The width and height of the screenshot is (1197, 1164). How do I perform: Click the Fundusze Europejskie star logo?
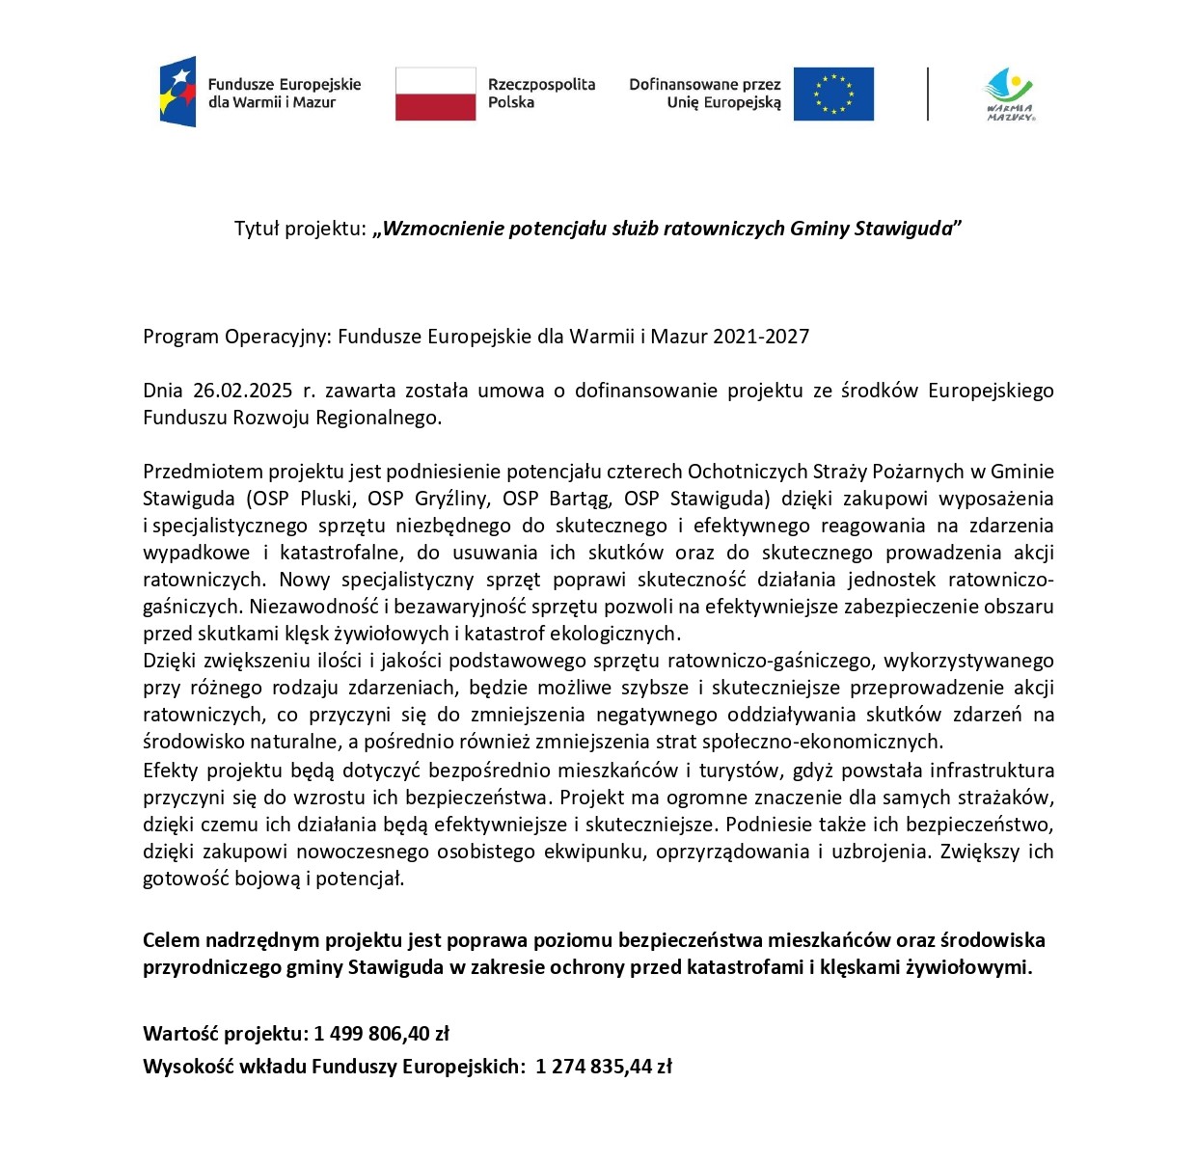tap(178, 93)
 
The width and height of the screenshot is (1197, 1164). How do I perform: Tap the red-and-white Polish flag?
tap(435, 94)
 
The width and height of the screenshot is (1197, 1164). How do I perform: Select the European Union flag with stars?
tap(833, 94)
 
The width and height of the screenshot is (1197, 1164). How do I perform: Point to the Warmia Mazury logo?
tap(1009, 95)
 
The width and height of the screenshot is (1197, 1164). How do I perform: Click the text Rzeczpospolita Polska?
tap(541, 94)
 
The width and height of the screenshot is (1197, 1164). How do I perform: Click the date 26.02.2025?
tap(242, 391)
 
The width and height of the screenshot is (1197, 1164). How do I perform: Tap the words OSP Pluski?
tap(306, 499)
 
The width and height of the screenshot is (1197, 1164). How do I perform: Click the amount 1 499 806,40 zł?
tap(382, 1034)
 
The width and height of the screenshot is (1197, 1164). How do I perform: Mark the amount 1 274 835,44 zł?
tap(604, 1067)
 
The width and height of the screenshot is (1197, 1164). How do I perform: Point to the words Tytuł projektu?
tap(300, 229)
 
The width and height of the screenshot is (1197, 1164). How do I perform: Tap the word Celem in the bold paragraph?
tap(171, 940)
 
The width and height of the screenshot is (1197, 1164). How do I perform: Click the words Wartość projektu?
tap(226, 1034)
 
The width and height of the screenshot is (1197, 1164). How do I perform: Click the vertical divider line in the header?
tap(928, 94)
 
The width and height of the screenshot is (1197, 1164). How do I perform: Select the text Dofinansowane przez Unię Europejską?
tap(705, 94)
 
